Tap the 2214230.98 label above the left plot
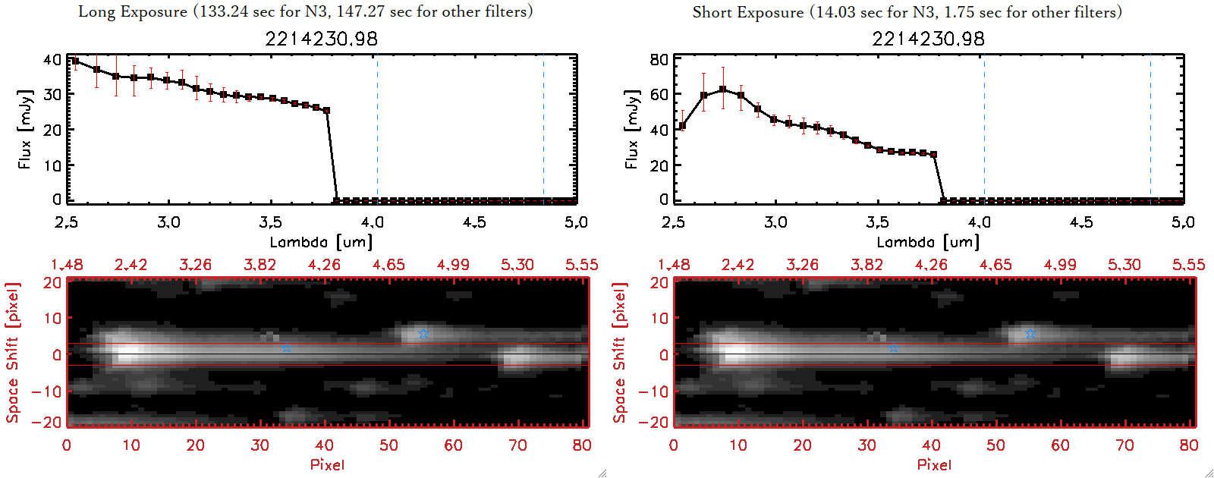pos(321,39)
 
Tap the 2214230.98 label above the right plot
pos(928,39)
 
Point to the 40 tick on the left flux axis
pos(52,60)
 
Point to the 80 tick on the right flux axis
pos(659,60)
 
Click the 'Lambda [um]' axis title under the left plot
pos(321,242)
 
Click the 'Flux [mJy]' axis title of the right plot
pos(631,130)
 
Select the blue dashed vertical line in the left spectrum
pos(543,129)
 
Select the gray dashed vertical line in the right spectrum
pos(984,129)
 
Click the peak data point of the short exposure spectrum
pos(722,90)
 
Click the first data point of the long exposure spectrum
pos(75,61)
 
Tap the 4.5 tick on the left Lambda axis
pos(474,222)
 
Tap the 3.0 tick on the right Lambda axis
pos(775,222)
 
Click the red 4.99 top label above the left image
pos(453,265)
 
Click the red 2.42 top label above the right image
pos(738,265)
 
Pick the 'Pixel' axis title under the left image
pos(327,464)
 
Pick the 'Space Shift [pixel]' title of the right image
pos(620,353)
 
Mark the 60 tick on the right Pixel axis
pos(1060,445)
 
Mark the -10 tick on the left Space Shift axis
pos(47,392)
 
